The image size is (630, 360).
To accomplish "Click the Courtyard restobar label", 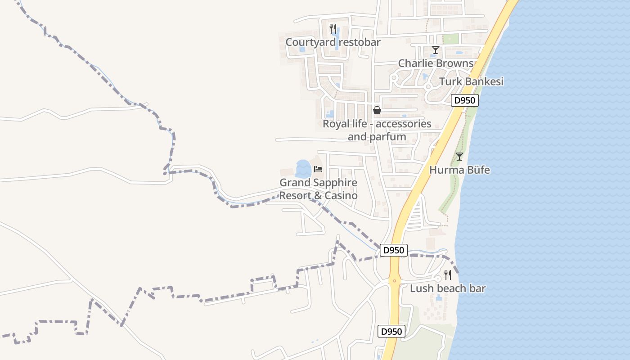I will (333, 42).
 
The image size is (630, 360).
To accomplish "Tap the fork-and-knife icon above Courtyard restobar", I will (333, 29).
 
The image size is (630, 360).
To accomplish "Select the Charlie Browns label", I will (436, 63).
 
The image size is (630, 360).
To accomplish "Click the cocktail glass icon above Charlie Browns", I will (435, 50).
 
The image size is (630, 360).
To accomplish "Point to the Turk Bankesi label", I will (471, 82).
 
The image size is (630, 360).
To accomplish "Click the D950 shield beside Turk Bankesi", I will (465, 100).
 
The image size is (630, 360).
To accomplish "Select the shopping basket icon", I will (377, 110).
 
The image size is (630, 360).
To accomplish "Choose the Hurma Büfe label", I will (459, 170).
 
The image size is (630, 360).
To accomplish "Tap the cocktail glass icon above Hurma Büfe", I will (459, 157).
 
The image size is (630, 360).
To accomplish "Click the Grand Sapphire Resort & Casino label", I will (319, 189).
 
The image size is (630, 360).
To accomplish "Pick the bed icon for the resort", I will (319, 169).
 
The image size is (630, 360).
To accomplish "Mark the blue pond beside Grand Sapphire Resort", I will (303, 169).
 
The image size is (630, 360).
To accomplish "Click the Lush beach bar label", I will (448, 288).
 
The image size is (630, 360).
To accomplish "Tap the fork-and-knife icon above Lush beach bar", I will (448, 274).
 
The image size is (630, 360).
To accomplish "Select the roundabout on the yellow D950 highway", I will (395, 281).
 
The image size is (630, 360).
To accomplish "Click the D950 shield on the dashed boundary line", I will (394, 250).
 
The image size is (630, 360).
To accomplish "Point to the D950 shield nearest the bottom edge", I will (391, 332).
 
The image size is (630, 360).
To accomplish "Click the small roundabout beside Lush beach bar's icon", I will (437, 279).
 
